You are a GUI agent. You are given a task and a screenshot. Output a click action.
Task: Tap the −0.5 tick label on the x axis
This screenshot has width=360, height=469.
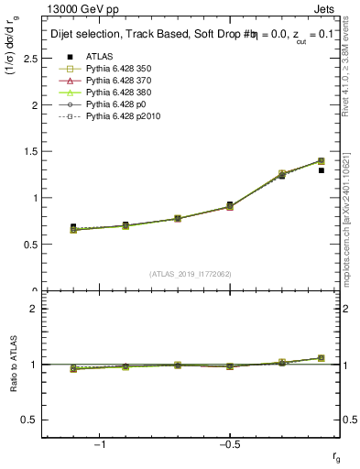point(229,445)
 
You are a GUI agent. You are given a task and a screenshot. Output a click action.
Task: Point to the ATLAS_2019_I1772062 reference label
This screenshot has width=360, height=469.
point(191,274)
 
